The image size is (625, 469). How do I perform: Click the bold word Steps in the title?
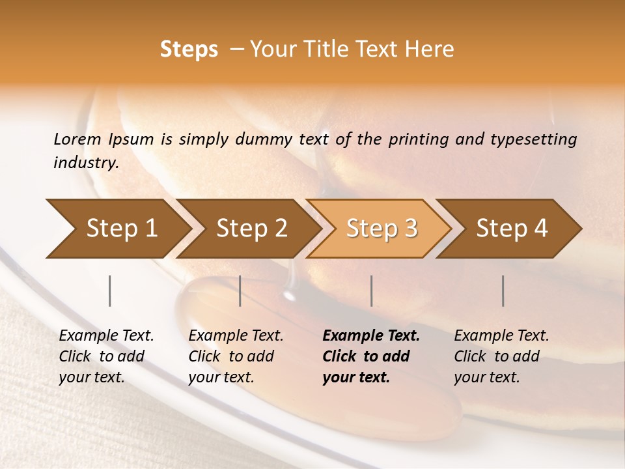coord(189,50)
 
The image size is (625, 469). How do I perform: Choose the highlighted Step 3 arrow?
coord(382,228)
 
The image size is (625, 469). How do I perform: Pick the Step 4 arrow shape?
coord(512,228)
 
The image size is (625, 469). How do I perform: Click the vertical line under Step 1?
coord(110,291)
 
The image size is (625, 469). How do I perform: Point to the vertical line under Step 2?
coord(240,291)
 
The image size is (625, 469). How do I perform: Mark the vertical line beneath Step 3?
coord(372,291)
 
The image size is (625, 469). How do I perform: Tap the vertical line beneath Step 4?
coord(503,291)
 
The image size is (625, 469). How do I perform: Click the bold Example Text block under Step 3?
coord(371,356)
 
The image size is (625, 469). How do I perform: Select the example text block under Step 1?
coord(106,356)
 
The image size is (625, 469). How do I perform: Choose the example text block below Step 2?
coord(236,356)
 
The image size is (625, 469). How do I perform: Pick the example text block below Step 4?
coord(501,356)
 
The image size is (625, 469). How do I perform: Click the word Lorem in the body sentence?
coord(77,139)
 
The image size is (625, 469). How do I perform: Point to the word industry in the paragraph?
coord(86,163)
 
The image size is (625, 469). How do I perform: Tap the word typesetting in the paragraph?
coord(537,139)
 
